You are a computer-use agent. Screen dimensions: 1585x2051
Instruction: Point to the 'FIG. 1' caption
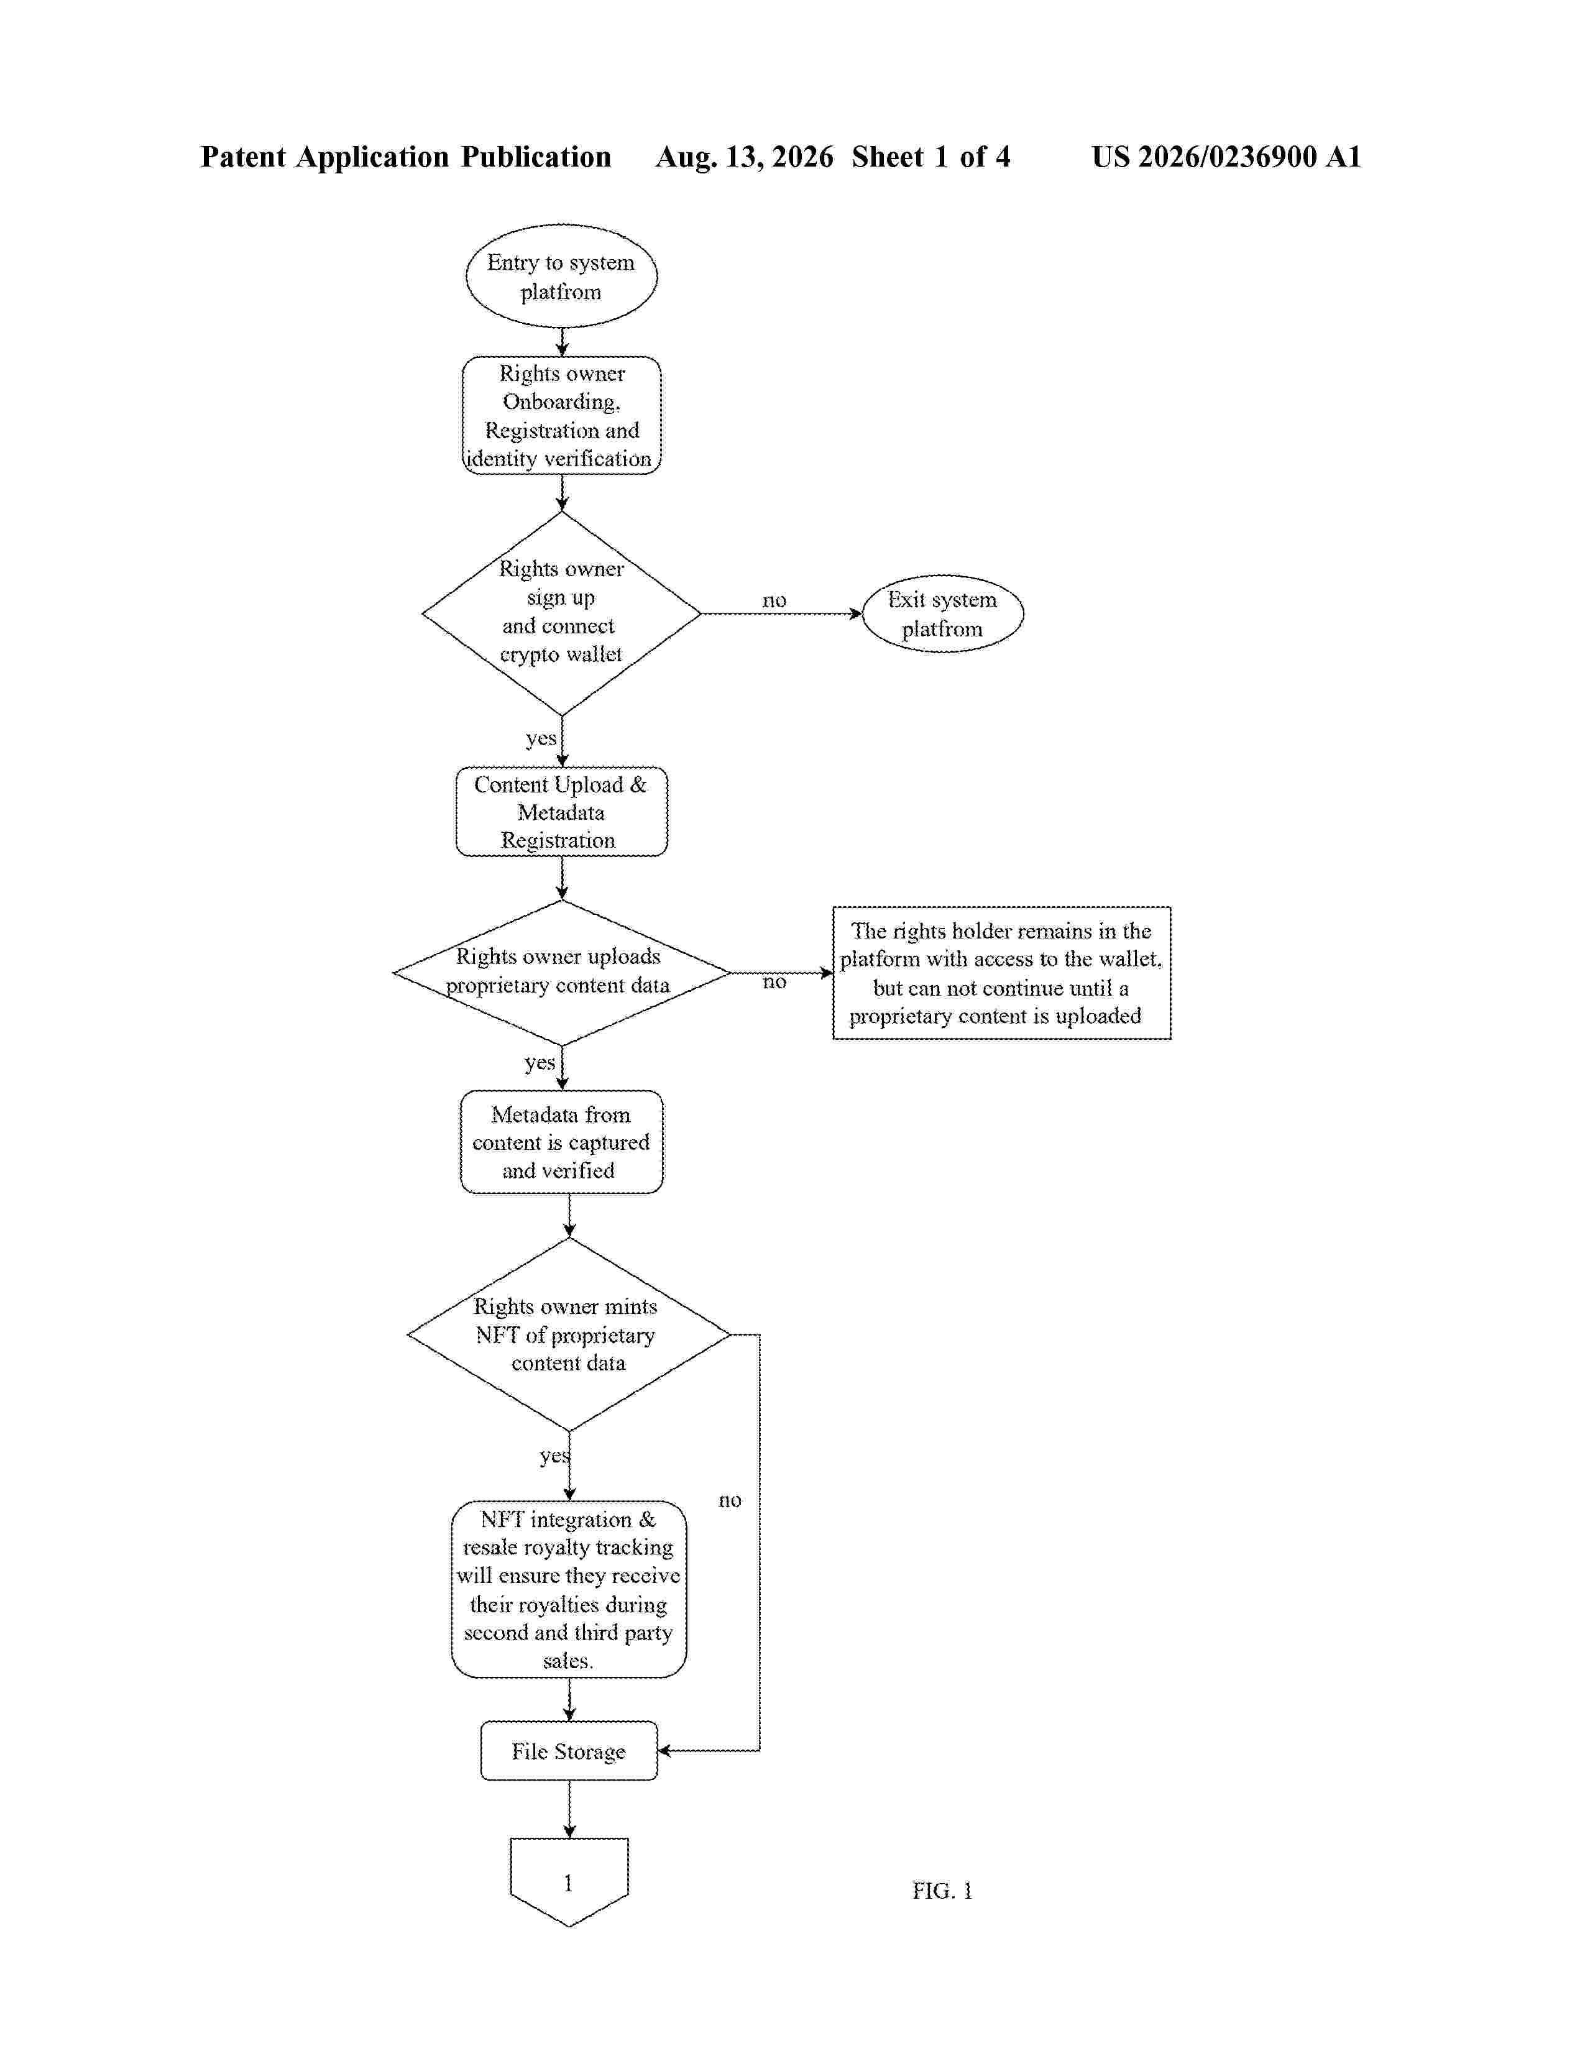[x=942, y=1891]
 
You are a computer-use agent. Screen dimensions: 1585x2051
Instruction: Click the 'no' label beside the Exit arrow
[x=774, y=600]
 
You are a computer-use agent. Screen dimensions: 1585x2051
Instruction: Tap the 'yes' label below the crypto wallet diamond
[x=541, y=738]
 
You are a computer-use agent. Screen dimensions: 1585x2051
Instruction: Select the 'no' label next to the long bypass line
[x=730, y=1501]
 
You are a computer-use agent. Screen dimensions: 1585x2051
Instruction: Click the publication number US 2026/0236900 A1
[x=1226, y=157]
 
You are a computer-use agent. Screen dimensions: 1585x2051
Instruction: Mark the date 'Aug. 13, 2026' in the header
[x=745, y=157]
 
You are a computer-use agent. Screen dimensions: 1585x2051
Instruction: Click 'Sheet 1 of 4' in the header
[x=932, y=157]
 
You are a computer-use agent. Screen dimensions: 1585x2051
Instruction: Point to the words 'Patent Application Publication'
[x=406, y=157]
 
